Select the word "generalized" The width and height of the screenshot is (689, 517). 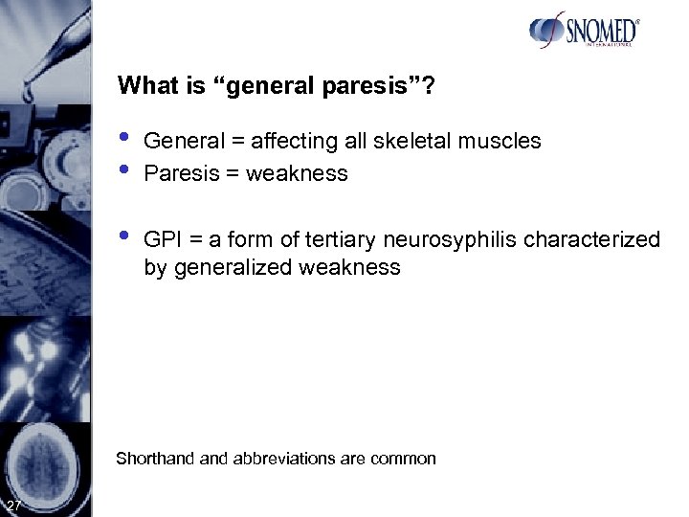pos(233,267)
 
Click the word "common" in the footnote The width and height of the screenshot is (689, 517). pos(403,459)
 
